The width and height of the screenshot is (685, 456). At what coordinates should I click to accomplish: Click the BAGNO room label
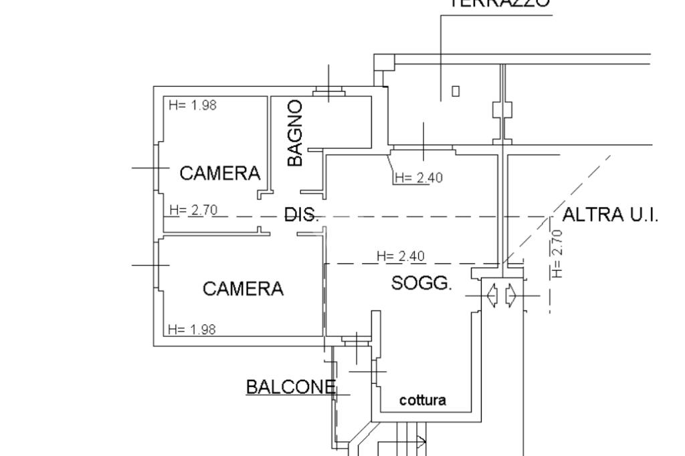tap(295, 133)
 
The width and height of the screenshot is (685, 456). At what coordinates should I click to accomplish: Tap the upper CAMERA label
tap(220, 174)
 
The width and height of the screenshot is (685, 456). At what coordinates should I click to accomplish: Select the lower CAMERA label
tap(243, 289)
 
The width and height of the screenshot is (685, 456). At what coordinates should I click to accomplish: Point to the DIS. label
tap(302, 215)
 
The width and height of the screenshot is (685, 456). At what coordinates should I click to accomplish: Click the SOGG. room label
tap(421, 283)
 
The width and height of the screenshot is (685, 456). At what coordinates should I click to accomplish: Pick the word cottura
tap(423, 401)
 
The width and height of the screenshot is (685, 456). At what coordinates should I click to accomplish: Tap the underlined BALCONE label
tap(290, 387)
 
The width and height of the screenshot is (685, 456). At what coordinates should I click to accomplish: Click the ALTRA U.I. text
tap(611, 215)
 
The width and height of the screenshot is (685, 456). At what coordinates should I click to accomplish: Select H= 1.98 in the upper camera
tap(193, 105)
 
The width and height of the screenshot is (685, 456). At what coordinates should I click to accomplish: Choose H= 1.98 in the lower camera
tap(192, 329)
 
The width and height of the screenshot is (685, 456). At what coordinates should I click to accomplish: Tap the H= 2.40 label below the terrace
tap(419, 178)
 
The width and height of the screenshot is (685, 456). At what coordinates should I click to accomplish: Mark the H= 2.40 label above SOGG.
tap(401, 256)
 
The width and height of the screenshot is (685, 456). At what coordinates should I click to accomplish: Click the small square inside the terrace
tap(456, 91)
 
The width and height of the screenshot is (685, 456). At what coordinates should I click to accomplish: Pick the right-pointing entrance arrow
tap(510, 295)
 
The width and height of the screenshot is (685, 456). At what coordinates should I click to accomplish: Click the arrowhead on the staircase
tap(422, 441)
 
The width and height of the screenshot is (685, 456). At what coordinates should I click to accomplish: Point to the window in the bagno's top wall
tap(329, 92)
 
